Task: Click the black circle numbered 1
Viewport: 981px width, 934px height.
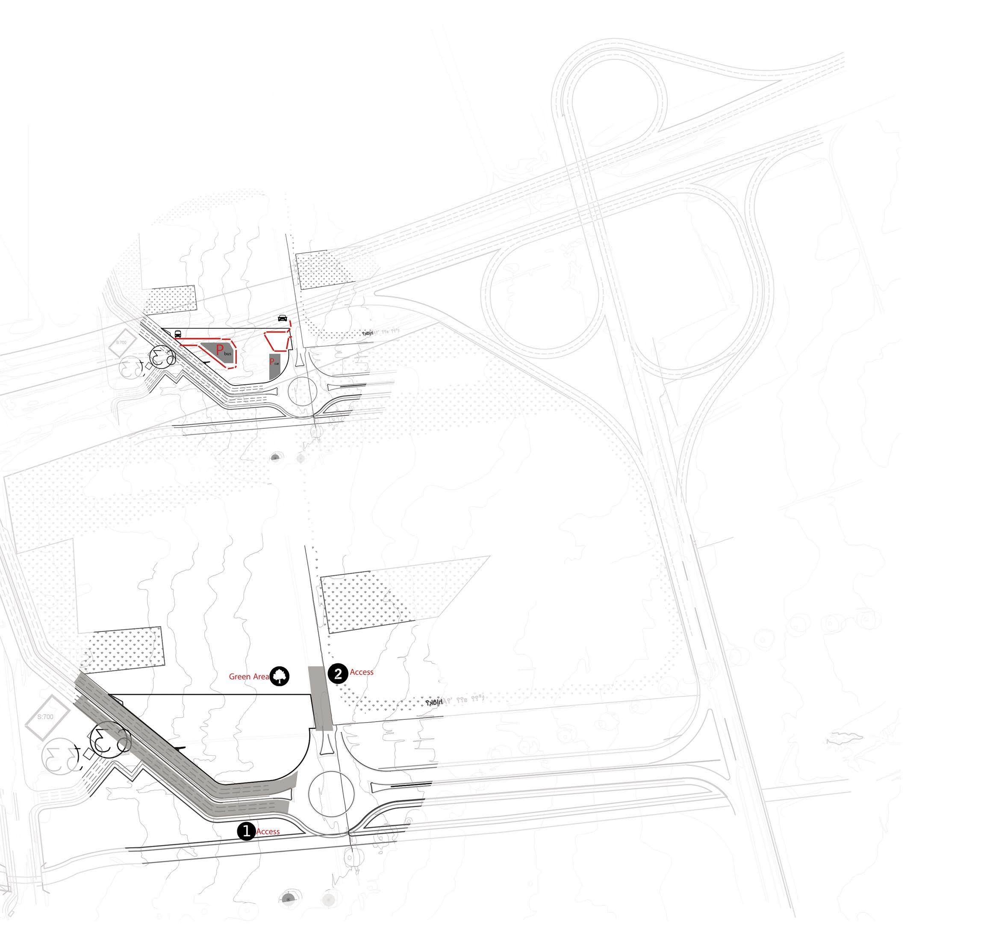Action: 246,831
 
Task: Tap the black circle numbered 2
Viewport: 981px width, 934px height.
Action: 338,674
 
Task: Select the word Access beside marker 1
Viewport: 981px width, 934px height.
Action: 268,831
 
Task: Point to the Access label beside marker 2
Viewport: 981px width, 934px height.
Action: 362,672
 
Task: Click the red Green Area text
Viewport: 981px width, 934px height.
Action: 248,677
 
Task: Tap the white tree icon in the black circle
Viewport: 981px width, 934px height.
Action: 280,676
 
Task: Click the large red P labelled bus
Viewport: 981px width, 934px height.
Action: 220,349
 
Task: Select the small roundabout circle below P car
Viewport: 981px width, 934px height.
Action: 302,392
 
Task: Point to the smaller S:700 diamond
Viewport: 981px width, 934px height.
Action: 121,342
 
